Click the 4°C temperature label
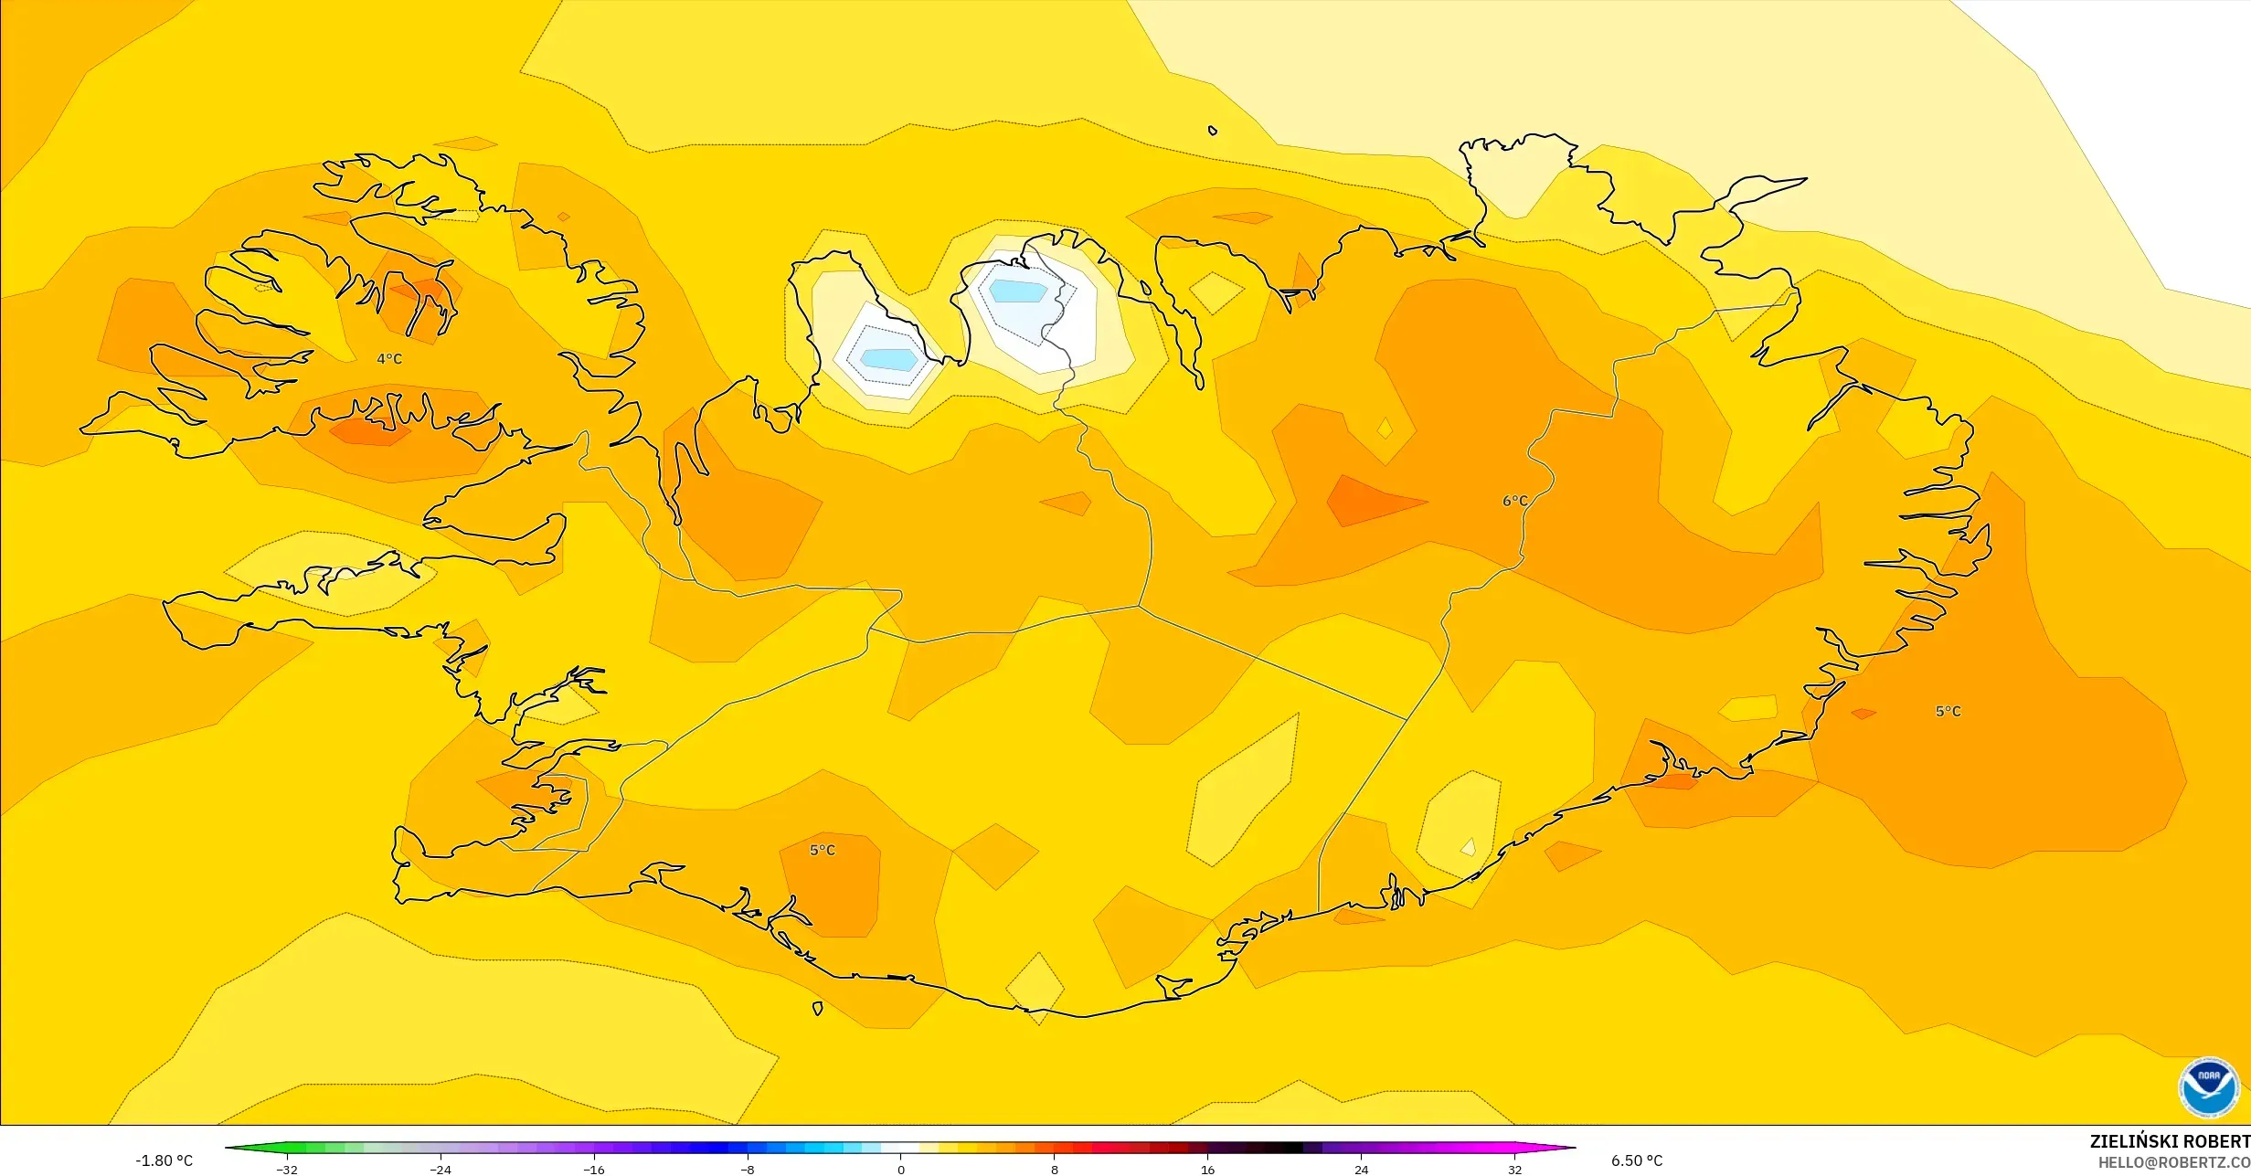point(389,359)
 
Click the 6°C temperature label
point(1514,501)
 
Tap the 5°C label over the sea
point(1948,711)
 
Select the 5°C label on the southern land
point(822,850)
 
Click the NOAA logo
point(2208,1086)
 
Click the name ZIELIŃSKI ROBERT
point(2169,1141)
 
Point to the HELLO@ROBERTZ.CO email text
point(2173,1162)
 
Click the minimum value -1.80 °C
point(165,1160)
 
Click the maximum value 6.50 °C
point(1636,1160)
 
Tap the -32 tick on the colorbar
point(287,1170)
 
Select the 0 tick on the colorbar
point(900,1170)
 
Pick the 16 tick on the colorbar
point(1207,1170)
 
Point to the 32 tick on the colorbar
point(1514,1170)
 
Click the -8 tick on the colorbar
point(748,1170)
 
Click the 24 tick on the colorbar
point(1361,1170)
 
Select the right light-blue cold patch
point(1018,291)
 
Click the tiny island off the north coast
point(1213,131)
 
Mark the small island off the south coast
point(817,1009)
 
